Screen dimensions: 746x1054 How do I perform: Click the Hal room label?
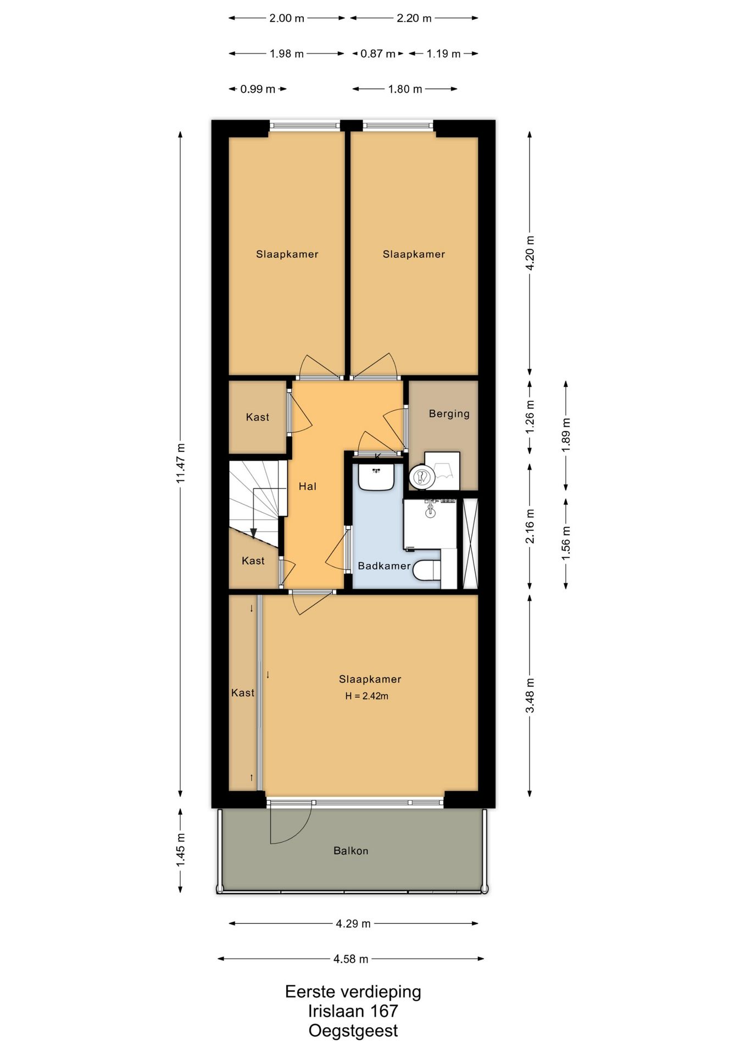click(x=307, y=486)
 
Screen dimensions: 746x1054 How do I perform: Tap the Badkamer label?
click(x=384, y=565)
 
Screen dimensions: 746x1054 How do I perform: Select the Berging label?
click(x=449, y=413)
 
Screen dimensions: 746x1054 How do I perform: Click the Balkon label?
click(x=350, y=850)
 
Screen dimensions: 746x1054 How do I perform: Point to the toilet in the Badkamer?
click(x=427, y=570)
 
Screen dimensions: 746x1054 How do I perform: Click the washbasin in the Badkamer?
click(x=376, y=476)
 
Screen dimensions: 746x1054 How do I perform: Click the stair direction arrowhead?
click(x=253, y=532)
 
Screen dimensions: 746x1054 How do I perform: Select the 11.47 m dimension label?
click(x=180, y=463)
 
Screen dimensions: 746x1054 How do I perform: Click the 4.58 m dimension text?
click(x=350, y=958)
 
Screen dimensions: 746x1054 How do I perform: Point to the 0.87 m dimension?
click(x=378, y=54)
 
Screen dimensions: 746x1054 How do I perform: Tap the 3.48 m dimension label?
click(x=530, y=695)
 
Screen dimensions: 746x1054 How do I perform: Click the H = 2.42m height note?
click(x=366, y=696)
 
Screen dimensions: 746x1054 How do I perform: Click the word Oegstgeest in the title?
click(x=353, y=1030)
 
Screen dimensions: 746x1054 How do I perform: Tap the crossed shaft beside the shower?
click(x=470, y=543)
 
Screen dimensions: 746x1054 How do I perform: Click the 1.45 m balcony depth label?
click(x=180, y=850)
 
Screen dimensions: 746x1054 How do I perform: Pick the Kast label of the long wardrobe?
click(x=242, y=693)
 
